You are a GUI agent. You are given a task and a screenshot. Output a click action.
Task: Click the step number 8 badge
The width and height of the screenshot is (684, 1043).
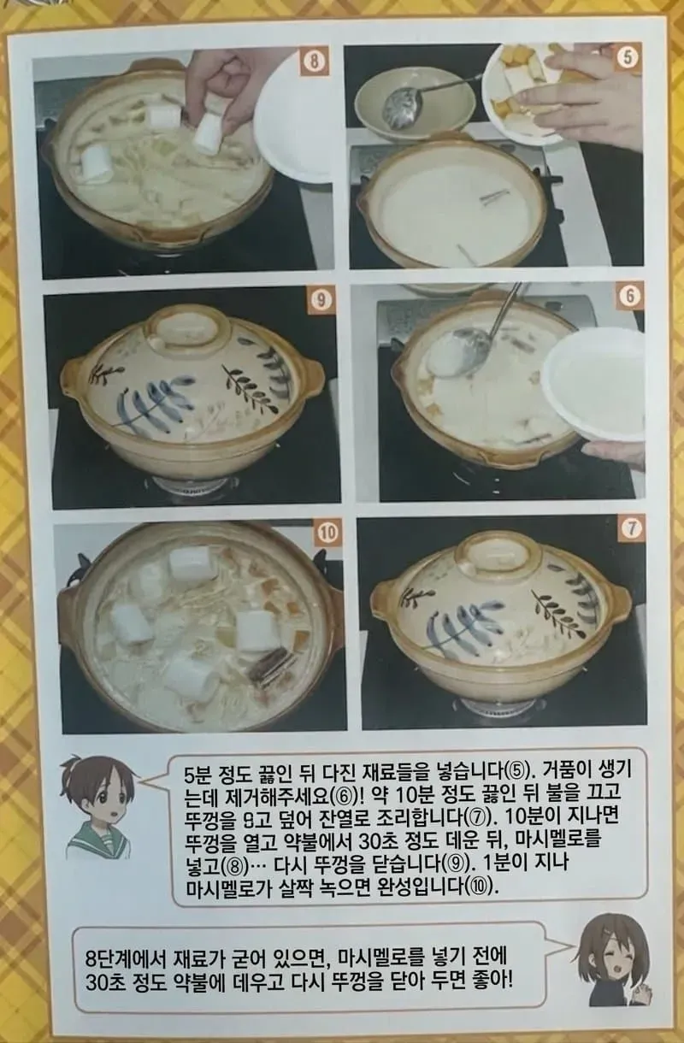pos(315,62)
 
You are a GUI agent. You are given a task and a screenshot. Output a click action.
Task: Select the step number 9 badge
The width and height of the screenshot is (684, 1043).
pos(320,300)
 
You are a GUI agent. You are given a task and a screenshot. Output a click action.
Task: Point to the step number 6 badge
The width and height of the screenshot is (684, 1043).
pos(630,296)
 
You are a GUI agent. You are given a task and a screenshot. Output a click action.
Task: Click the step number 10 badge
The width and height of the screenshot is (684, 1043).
pos(327,533)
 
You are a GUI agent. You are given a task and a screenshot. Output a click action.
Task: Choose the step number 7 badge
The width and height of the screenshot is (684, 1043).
pos(632,527)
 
